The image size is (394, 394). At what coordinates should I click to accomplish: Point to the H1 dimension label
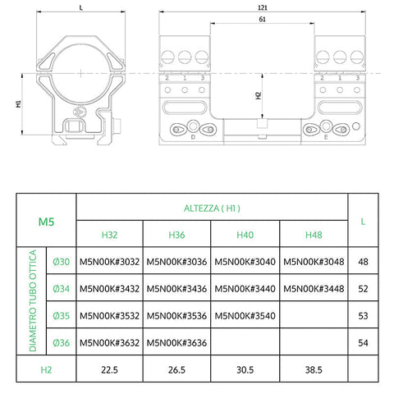[18, 105]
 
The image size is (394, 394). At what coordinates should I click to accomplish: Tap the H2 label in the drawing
[258, 95]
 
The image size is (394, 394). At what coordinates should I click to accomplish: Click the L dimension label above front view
[80, 7]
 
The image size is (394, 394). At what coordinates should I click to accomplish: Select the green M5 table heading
[47, 221]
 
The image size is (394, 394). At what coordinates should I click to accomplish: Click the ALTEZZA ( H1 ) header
[211, 208]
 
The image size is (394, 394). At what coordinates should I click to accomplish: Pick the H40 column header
[245, 235]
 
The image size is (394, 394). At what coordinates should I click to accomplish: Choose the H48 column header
[313, 235]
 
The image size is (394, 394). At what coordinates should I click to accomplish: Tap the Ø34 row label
[62, 288]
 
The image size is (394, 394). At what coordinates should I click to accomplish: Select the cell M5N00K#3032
[109, 262]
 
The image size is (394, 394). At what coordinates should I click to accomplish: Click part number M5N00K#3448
[313, 288]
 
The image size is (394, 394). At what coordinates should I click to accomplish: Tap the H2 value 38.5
[313, 369]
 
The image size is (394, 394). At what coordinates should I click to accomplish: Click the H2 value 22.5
[109, 369]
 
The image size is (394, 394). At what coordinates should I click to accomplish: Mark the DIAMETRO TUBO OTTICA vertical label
[34, 301]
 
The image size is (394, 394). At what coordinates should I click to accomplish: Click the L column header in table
[363, 221]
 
